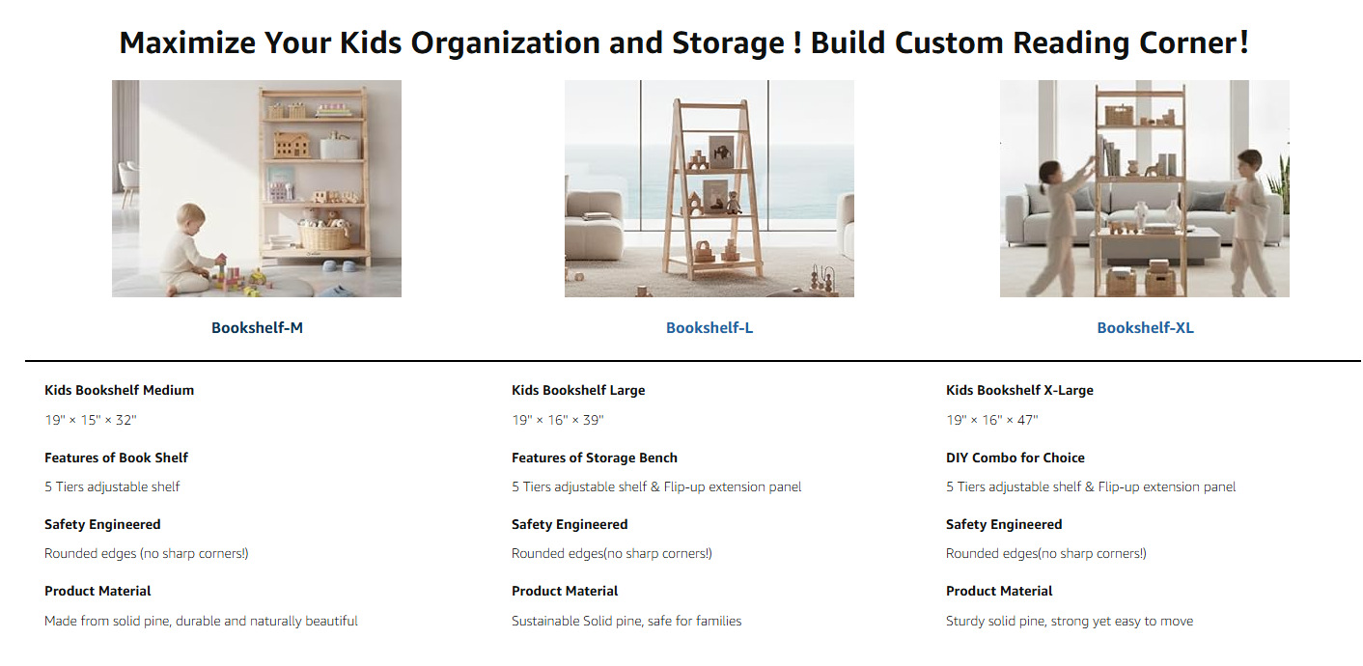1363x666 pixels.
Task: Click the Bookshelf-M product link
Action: click(257, 328)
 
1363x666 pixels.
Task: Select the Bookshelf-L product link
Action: click(709, 328)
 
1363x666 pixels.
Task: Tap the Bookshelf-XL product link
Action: click(1145, 328)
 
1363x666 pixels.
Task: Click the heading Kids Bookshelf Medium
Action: click(120, 390)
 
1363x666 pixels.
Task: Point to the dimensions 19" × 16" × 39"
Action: click(557, 420)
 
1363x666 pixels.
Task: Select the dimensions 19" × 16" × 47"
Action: click(991, 420)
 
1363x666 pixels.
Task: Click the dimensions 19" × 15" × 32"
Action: click(91, 420)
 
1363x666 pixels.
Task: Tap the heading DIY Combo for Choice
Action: click(1015, 458)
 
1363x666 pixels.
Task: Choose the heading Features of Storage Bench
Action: click(594, 458)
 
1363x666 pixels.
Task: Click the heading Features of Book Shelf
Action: click(116, 458)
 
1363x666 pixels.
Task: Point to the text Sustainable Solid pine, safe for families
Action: click(626, 621)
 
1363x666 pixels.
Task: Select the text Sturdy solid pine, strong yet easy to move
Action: click(1070, 621)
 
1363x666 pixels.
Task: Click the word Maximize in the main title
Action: click(187, 42)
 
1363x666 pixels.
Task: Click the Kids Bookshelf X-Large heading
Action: click(1019, 390)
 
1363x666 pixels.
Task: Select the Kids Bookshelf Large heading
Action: click(578, 390)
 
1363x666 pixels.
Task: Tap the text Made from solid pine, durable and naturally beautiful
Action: click(201, 621)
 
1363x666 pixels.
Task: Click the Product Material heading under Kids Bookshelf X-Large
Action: click(998, 591)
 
